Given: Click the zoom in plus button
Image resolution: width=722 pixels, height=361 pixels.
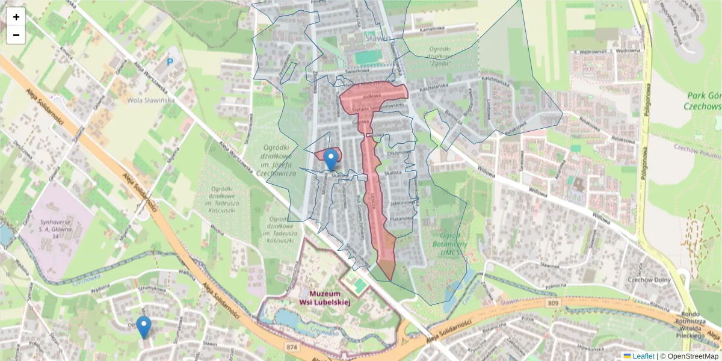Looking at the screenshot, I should [16, 17].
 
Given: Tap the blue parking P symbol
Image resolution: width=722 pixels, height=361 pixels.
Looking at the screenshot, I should [170, 61].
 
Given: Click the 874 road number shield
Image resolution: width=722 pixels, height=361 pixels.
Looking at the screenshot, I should [292, 347].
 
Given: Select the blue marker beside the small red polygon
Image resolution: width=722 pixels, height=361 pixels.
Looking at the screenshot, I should [330, 159].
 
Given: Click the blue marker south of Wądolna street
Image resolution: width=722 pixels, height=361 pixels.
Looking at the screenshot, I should [143, 327].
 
